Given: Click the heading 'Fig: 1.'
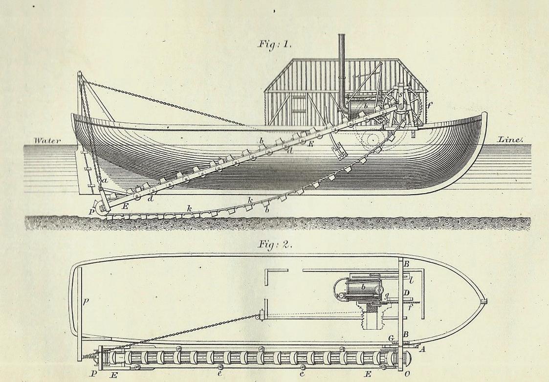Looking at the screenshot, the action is coord(274,44).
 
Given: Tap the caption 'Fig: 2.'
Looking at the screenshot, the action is coord(274,244).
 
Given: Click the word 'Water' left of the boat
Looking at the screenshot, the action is coord(47,140).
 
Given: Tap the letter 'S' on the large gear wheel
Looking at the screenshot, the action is coord(399,94).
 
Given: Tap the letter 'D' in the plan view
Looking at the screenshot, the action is coord(406,293).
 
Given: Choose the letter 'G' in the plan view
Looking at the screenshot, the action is coord(391,338).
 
